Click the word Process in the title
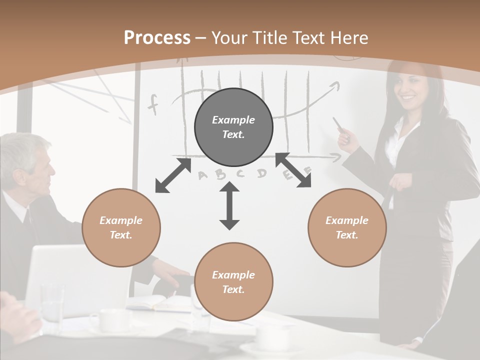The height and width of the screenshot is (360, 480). tap(157, 37)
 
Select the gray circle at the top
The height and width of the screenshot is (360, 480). tap(233, 127)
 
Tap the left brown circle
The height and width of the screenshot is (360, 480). tap(121, 227)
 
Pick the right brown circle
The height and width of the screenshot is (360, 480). tap(347, 227)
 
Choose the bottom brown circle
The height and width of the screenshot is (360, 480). tap(233, 282)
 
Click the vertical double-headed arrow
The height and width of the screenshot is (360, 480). tap(229, 205)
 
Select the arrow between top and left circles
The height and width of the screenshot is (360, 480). tap(173, 175)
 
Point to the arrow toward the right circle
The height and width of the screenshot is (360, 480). tap(293, 170)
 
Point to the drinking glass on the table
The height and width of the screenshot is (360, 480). tap(52, 302)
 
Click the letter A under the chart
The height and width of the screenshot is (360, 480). tap(203, 175)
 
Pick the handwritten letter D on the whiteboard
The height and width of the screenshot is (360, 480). tap(261, 173)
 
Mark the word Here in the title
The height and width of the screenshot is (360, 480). tap(350, 37)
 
